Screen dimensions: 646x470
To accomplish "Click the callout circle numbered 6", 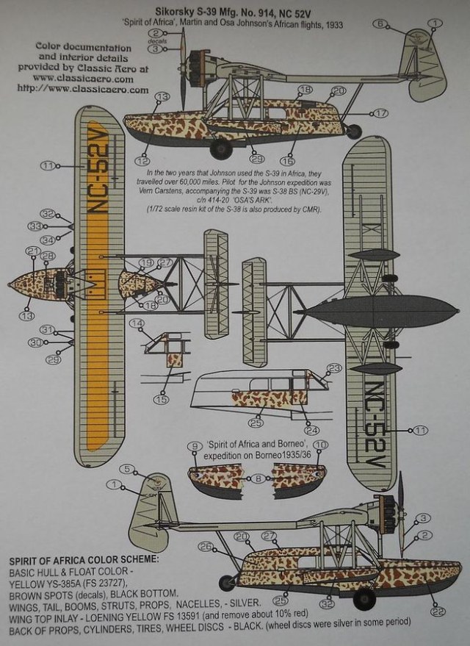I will click(380, 24).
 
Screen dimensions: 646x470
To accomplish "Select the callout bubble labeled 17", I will click(380, 113).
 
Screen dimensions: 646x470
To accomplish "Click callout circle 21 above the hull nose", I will click(32, 251).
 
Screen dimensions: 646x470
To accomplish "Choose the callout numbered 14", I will click(136, 323).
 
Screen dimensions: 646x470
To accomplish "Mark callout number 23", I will click(334, 367).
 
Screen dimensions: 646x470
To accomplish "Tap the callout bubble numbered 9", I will click(195, 446).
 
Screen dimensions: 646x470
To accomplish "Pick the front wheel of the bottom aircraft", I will click(364, 600).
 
